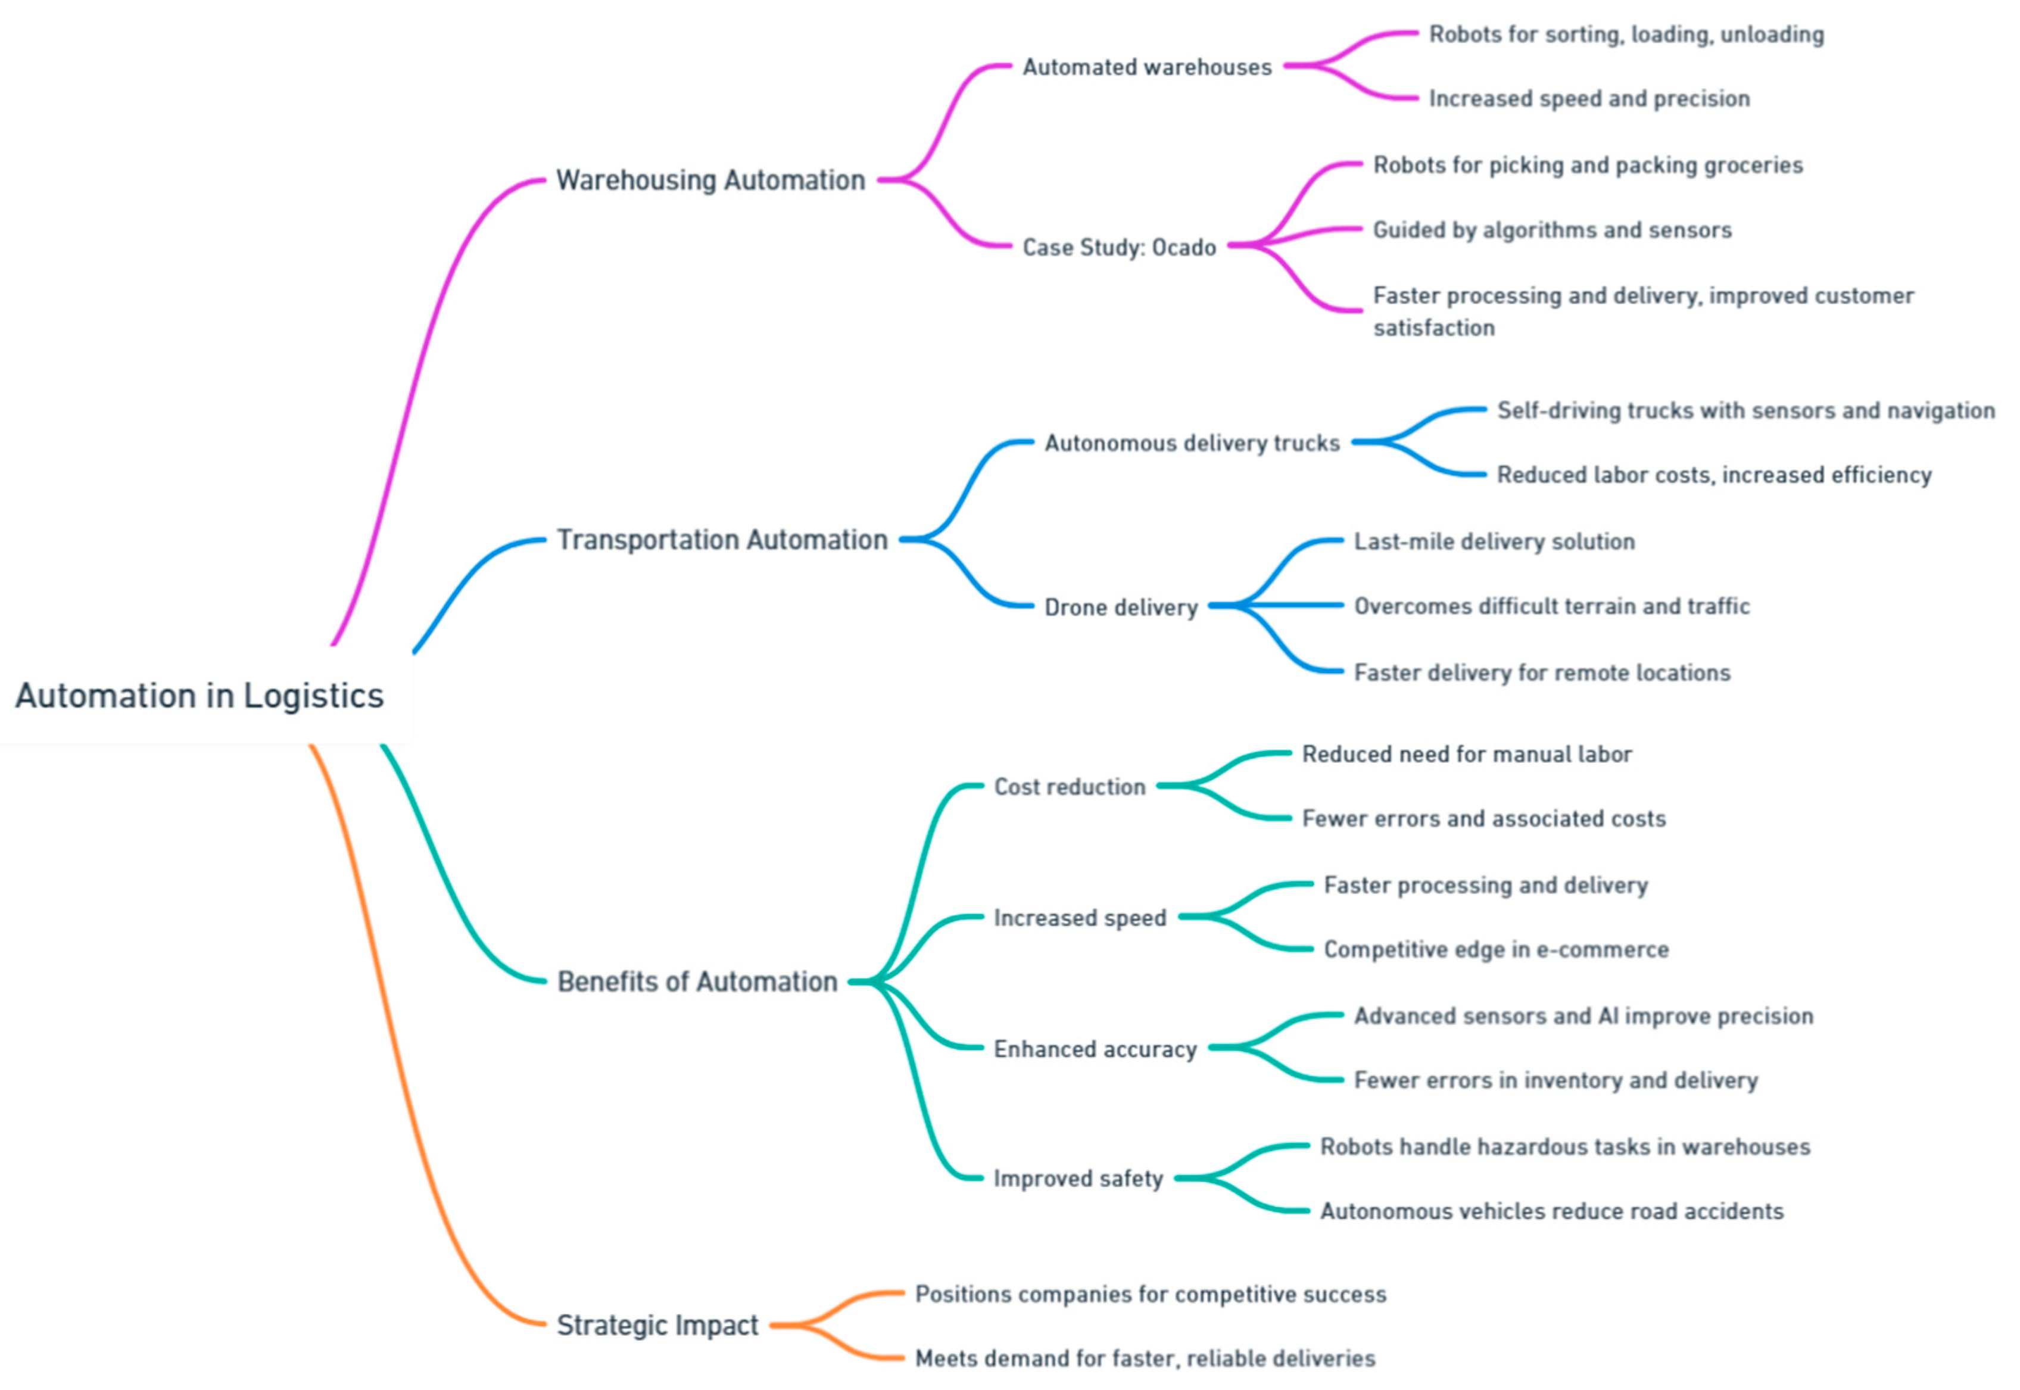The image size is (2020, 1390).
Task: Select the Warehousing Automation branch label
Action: [710, 180]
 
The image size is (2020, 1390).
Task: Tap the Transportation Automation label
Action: [722, 540]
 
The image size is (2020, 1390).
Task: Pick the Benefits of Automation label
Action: [697, 981]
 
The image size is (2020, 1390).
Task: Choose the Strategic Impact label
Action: [657, 1324]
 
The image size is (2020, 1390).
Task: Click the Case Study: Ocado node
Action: [1119, 247]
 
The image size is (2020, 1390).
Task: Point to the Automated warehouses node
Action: [1147, 67]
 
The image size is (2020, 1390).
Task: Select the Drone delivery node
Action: [1121, 607]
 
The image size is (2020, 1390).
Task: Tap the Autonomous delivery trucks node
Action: [1192, 443]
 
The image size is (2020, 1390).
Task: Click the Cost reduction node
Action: [1069, 787]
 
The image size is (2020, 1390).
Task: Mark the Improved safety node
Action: [1078, 1179]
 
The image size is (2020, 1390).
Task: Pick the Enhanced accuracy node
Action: [1095, 1049]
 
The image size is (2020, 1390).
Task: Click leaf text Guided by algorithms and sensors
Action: [1551, 230]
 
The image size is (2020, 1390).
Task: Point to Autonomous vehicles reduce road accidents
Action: [1551, 1211]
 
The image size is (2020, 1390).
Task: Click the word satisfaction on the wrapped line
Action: [1433, 328]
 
